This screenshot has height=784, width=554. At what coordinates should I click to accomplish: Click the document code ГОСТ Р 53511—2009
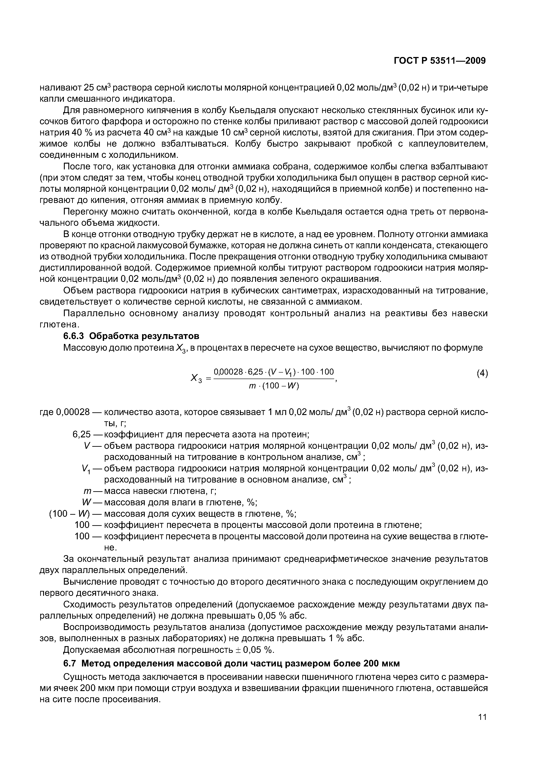440,61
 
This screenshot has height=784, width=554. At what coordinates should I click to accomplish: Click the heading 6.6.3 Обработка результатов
131,336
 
